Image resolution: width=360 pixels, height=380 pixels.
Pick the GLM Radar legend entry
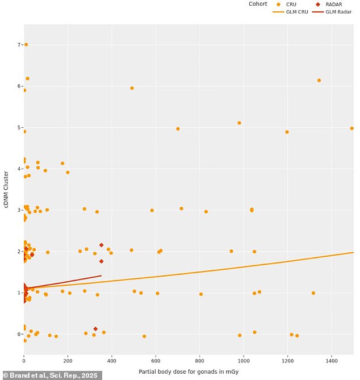click(336, 12)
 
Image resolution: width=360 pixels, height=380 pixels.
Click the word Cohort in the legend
click(258, 4)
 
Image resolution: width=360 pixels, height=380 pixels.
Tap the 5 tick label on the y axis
click(18, 128)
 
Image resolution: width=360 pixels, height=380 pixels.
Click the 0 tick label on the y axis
click(18, 334)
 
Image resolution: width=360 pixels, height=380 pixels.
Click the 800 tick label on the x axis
click(200, 360)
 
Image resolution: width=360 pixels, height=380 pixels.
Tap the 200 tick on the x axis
click(68, 360)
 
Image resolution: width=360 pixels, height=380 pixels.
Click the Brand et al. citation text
click(52, 375)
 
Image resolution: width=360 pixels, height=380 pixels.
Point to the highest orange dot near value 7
click(26, 44)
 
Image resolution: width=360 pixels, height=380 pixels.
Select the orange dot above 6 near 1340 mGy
click(319, 80)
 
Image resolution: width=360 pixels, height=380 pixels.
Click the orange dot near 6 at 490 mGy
click(132, 88)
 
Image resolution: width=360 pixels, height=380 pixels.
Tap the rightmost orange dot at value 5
click(352, 128)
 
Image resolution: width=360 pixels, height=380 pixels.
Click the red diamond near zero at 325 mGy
click(95, 329)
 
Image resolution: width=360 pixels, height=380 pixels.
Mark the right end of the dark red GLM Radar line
click(101, 275)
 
